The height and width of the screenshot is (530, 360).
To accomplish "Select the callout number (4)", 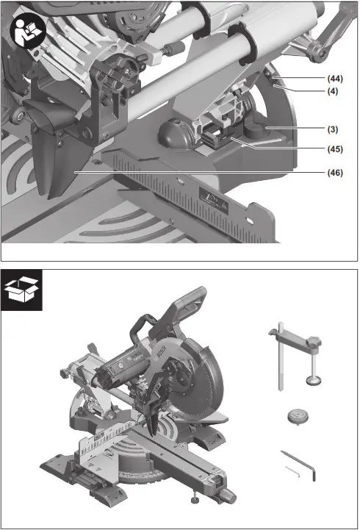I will pos(333,91).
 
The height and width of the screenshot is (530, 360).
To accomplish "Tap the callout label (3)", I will pos(333,129).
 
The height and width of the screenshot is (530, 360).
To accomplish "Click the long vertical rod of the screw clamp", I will pos(281,364).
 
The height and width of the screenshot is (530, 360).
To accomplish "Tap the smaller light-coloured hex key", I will pos(292,470).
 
